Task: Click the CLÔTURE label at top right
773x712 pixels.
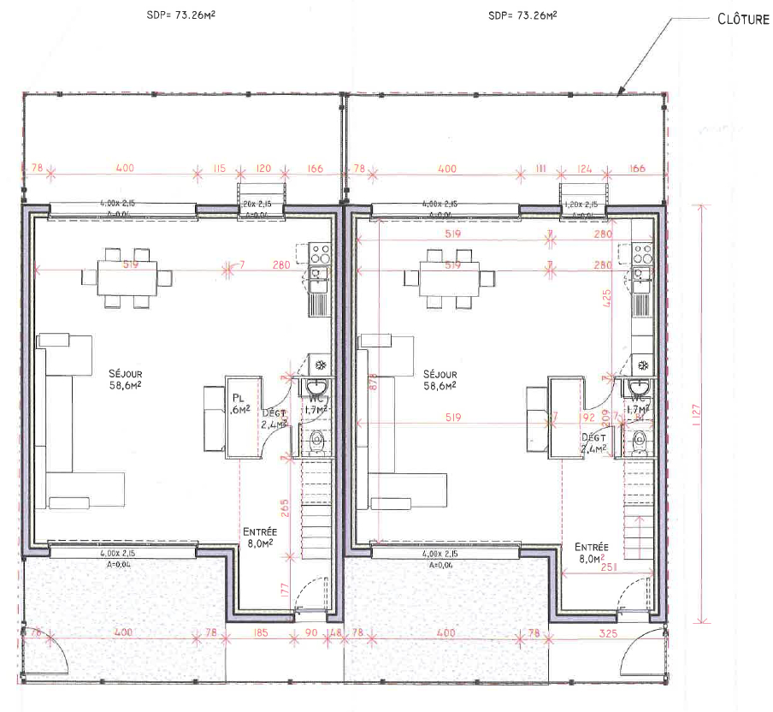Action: coord(743,19)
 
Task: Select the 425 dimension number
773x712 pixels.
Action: coord(606,299)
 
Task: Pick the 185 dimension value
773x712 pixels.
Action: coord(262,633)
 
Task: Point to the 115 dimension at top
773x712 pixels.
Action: coord(218,169)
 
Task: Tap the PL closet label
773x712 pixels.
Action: coord(239,398)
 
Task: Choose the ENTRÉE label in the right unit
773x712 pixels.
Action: coord(591,547)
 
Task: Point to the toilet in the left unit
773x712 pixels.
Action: coord(316,442)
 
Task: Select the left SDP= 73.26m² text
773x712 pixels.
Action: coord(181,15)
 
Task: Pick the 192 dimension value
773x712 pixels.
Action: coord(587,418)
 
